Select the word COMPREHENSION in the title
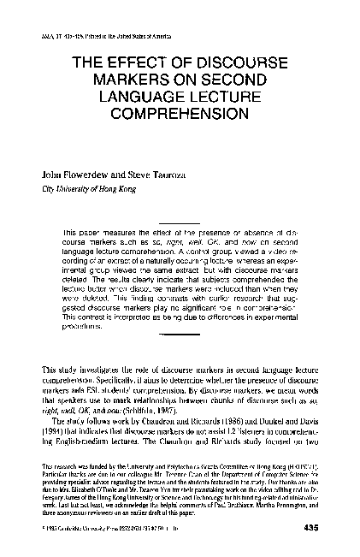(x=180, y=110)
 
